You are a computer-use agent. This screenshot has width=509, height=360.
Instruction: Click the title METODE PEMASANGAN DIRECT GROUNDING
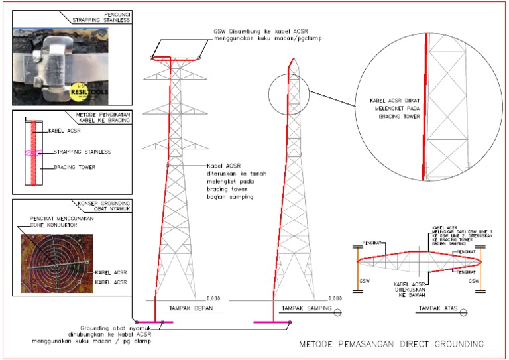(x=391, y=344)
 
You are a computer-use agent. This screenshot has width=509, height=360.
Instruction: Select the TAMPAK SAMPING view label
(x=302, y=309)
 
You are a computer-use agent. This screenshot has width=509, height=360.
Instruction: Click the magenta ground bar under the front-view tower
(x=154, y=322)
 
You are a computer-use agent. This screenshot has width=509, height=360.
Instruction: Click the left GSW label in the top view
(x=364, y=281)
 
